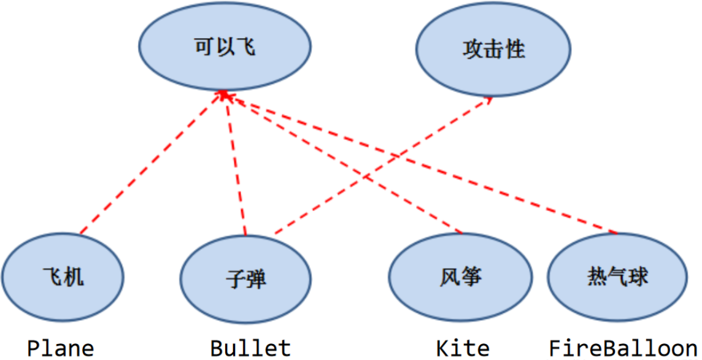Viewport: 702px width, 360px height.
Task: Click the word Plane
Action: [61, 348]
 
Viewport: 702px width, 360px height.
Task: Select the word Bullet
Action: [250, 348]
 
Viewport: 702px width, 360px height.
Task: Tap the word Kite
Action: [463, 348]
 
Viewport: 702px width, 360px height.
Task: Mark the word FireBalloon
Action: [623, 348]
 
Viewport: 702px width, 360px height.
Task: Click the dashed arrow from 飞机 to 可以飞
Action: [150, 164]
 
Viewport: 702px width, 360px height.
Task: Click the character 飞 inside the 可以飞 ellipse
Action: [245, 47]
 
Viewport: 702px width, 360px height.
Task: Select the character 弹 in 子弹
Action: [256, 279]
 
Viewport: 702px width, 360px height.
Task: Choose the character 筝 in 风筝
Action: [471, 277]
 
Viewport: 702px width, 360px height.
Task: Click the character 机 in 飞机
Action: [74, 277]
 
